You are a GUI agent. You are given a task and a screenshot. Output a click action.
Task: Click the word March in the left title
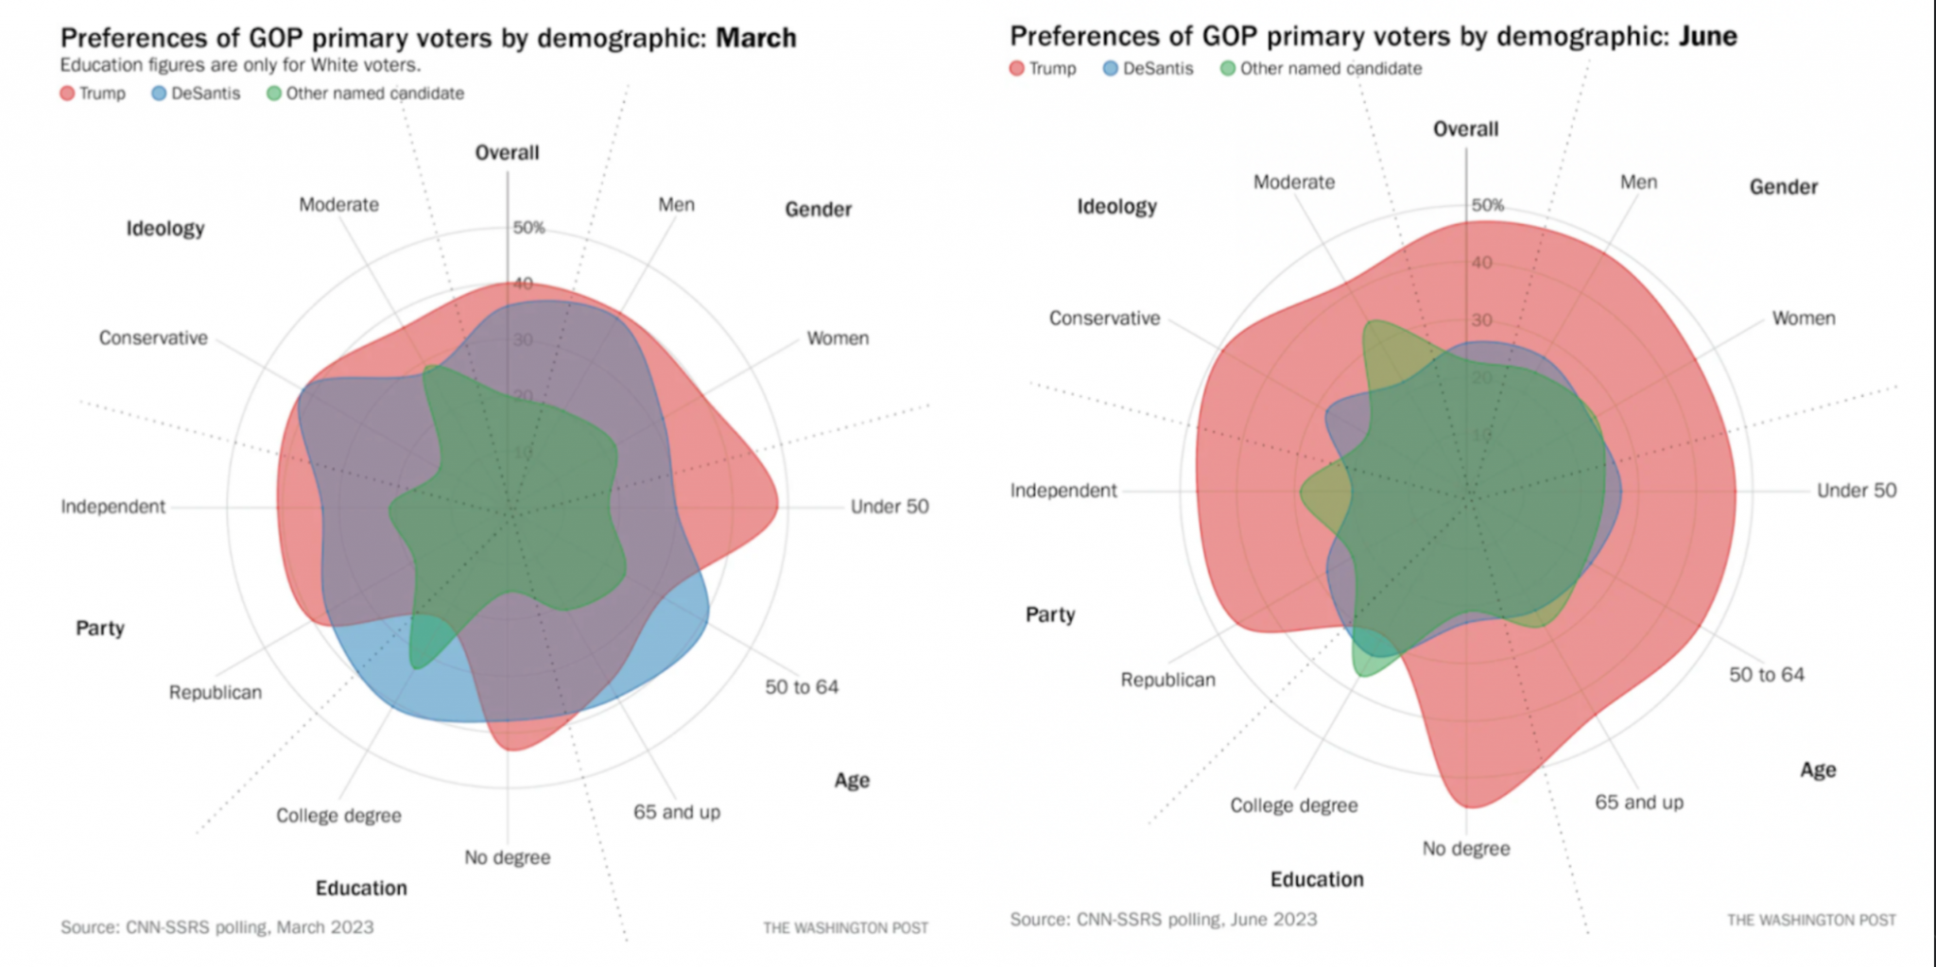click(x=755, y=38)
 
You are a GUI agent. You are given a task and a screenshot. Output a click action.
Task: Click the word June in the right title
click(x=1707, y=36)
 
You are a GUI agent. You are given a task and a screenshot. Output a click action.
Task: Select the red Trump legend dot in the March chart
click(x=67, y=94)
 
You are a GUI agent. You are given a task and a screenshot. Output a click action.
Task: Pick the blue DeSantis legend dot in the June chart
click(x=1111, y=69)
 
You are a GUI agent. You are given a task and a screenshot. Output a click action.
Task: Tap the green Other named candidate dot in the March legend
click(x=274, y=94)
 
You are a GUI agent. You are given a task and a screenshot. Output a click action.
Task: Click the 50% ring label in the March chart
click(x=528, y=228)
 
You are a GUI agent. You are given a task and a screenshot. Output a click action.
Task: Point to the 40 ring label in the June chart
click(x=1481, y=263)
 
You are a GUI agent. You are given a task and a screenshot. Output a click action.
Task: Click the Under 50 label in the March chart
click(x=889, y=507)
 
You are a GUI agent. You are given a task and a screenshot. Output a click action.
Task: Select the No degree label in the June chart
click(x=1465, y=849)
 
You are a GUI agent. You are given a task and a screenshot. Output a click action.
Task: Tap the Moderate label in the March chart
click(x=338, y=205)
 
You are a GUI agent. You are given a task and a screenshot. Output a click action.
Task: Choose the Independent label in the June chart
click(x=1063, y=491)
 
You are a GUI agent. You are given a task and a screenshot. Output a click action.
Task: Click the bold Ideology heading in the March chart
click(x=165, y=229)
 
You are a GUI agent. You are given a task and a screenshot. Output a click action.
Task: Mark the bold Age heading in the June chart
click(x=1817, y=769)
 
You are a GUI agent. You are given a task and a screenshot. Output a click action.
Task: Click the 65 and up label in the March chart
click(x=676, y=812)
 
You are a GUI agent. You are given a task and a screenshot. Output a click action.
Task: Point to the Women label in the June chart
click(x=1803, y=319)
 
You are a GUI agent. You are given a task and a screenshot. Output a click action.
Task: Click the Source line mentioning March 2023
click(x=216, y=927)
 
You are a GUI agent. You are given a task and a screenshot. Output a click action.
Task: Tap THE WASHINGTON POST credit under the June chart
click(x=1810, y=920)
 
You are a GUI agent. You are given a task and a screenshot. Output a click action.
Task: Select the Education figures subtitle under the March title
click(x=240, y=65)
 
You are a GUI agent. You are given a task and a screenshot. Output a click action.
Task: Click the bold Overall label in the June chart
click(x=1465, y=130)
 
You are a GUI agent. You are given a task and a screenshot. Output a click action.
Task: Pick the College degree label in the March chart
click(x=338, y=816)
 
